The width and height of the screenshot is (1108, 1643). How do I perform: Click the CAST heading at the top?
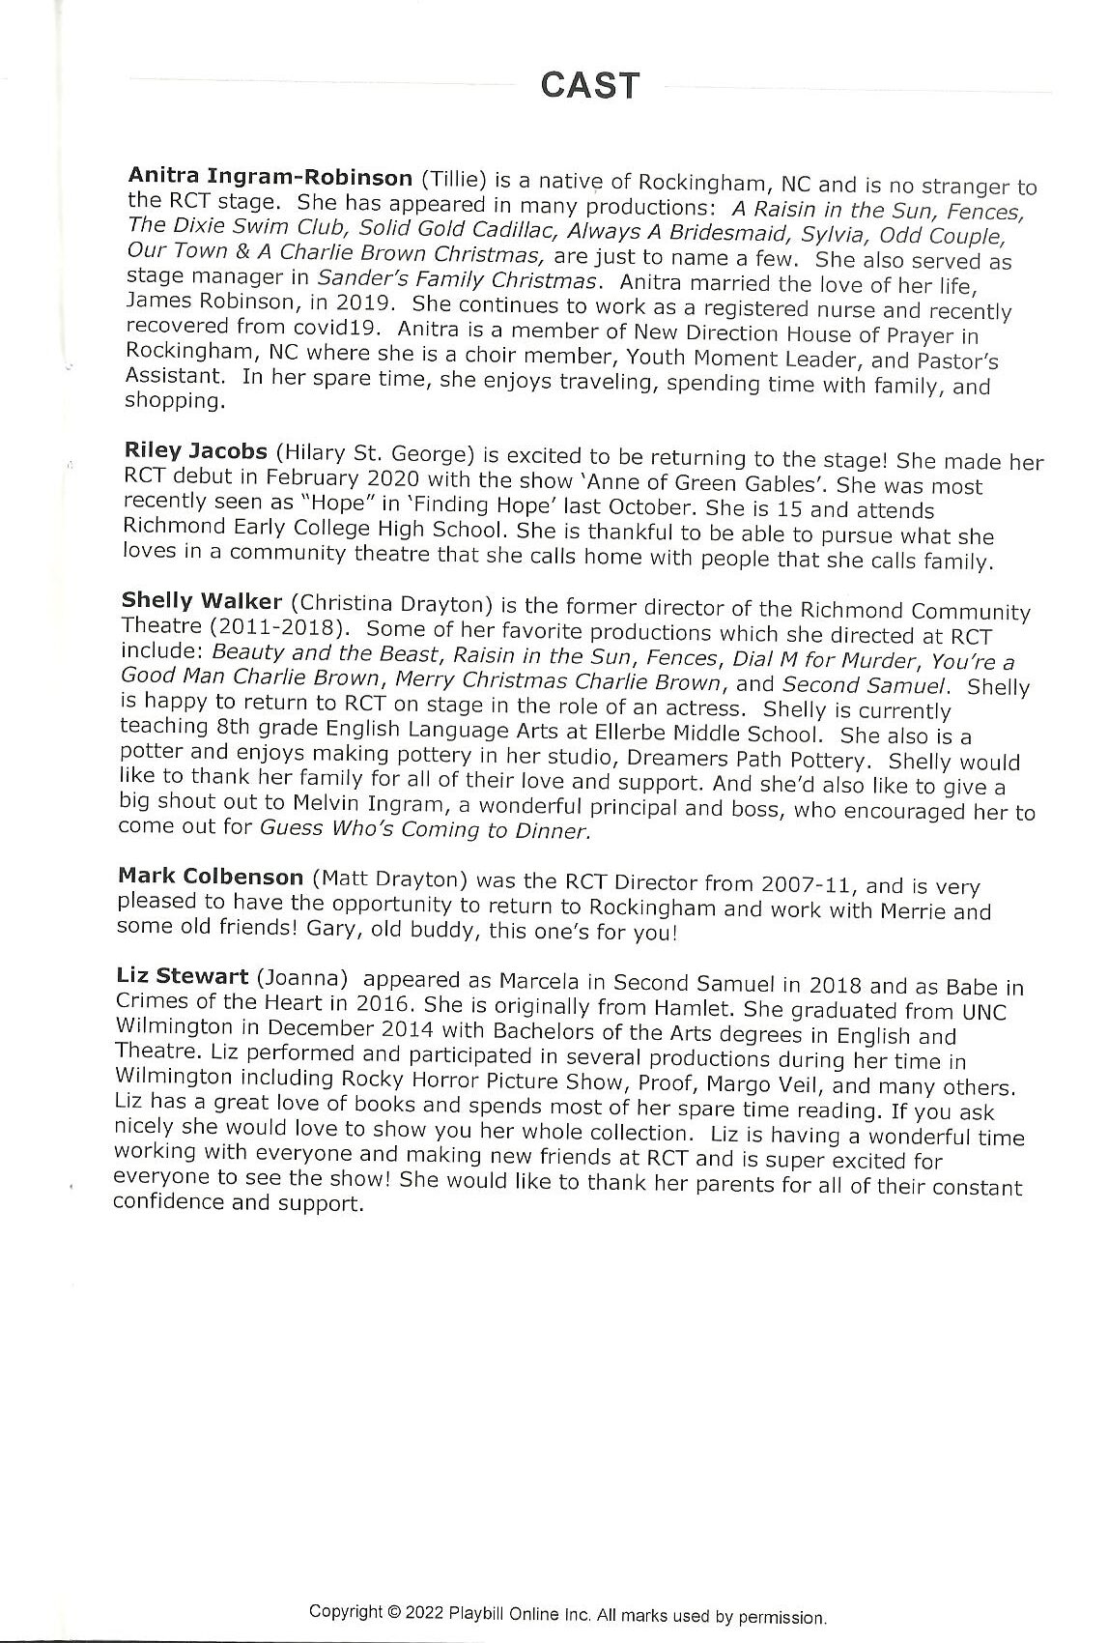[x=589, y=85]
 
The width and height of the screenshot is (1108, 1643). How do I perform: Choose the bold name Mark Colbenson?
[x=210, y=877]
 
